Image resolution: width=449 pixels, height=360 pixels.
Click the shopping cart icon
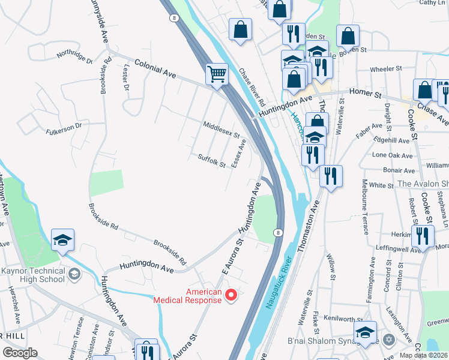click(x=217, y=75)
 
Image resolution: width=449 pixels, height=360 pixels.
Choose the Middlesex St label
click(x=221, y=130)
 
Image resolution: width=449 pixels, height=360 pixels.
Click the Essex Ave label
click(x=239, y=153)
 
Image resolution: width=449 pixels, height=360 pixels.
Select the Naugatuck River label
click(x=277, y=282)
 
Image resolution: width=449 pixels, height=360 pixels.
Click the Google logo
click(x=20, y=353)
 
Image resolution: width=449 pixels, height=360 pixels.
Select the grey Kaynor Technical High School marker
click(x=74, y=275)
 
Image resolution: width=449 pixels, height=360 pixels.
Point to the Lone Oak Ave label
click(x=393, y=155)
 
